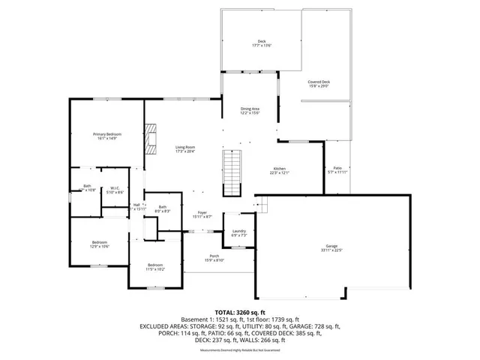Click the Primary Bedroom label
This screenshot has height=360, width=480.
[107, 134]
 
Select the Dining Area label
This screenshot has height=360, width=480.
[250, 109]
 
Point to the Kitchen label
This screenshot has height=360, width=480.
[279, 169]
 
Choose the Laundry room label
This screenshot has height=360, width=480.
[239, 231]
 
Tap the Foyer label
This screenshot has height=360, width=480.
[202, 213]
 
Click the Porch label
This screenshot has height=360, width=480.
[214, 257]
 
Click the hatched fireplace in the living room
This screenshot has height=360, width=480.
[151, 139]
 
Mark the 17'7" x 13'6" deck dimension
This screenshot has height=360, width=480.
[261, 45]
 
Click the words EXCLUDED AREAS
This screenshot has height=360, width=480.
[166, 326]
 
